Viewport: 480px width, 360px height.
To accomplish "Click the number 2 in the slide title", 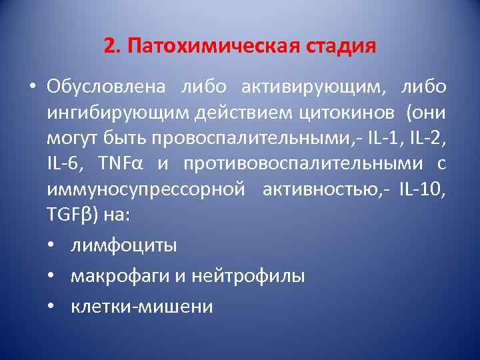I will click(x=109, y=47).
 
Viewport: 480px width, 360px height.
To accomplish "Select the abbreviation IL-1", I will click(x=403, y=140).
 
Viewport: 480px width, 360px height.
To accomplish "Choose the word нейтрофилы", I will click(x=248, y=275).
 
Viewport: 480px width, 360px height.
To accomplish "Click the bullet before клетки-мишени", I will click(x=53, y=306).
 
